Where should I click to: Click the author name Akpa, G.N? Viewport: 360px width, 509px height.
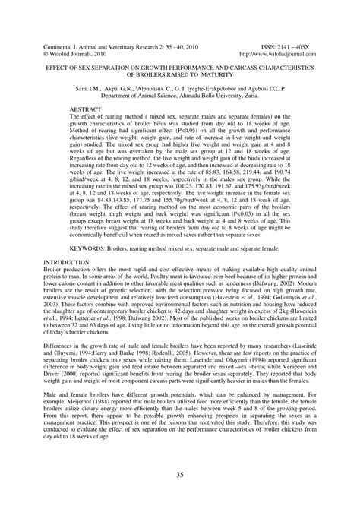point(145,90)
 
